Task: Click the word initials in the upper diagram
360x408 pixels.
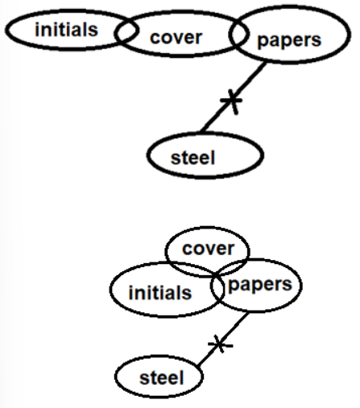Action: pyautogui.click(x=66, y=29)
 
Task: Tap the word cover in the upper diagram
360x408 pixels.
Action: pyautogui.click(x=176, y=38)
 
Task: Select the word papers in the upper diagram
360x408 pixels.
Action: pyautogui.click(x=289, y=41)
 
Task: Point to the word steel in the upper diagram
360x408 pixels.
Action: pyautogui.click(x=193, y=158)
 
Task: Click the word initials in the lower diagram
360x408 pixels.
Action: pyautogui.click(x=160, y=292)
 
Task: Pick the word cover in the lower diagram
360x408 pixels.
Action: pyautogui.click(x=209, y=249)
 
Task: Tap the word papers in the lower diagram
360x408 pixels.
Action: pyautogui.click(x=260, y=285)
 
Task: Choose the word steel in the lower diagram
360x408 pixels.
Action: pyautogui.click(x=162, y=377)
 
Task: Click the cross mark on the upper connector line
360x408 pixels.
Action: pyautogui.click(x=231, y=101)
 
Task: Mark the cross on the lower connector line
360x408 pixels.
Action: pyautogui.click(x=220, y=344)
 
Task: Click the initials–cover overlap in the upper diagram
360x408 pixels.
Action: pyautogui.click(x=126, y=31)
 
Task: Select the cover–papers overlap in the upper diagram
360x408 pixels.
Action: pyautogui.click(x=238, y=35)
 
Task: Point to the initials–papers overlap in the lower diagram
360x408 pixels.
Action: pyautogui.click(x=217, y=288)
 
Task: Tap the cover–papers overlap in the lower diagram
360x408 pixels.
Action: pyautogui.click(x=234, y=268)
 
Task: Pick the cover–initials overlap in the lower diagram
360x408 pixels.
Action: pyautogui.click(x=192, y=269)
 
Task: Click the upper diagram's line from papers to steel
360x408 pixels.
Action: pyautogui.click(x=234, y=97)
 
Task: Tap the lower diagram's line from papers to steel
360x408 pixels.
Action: pyautogui.click(x=222, y=340)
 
